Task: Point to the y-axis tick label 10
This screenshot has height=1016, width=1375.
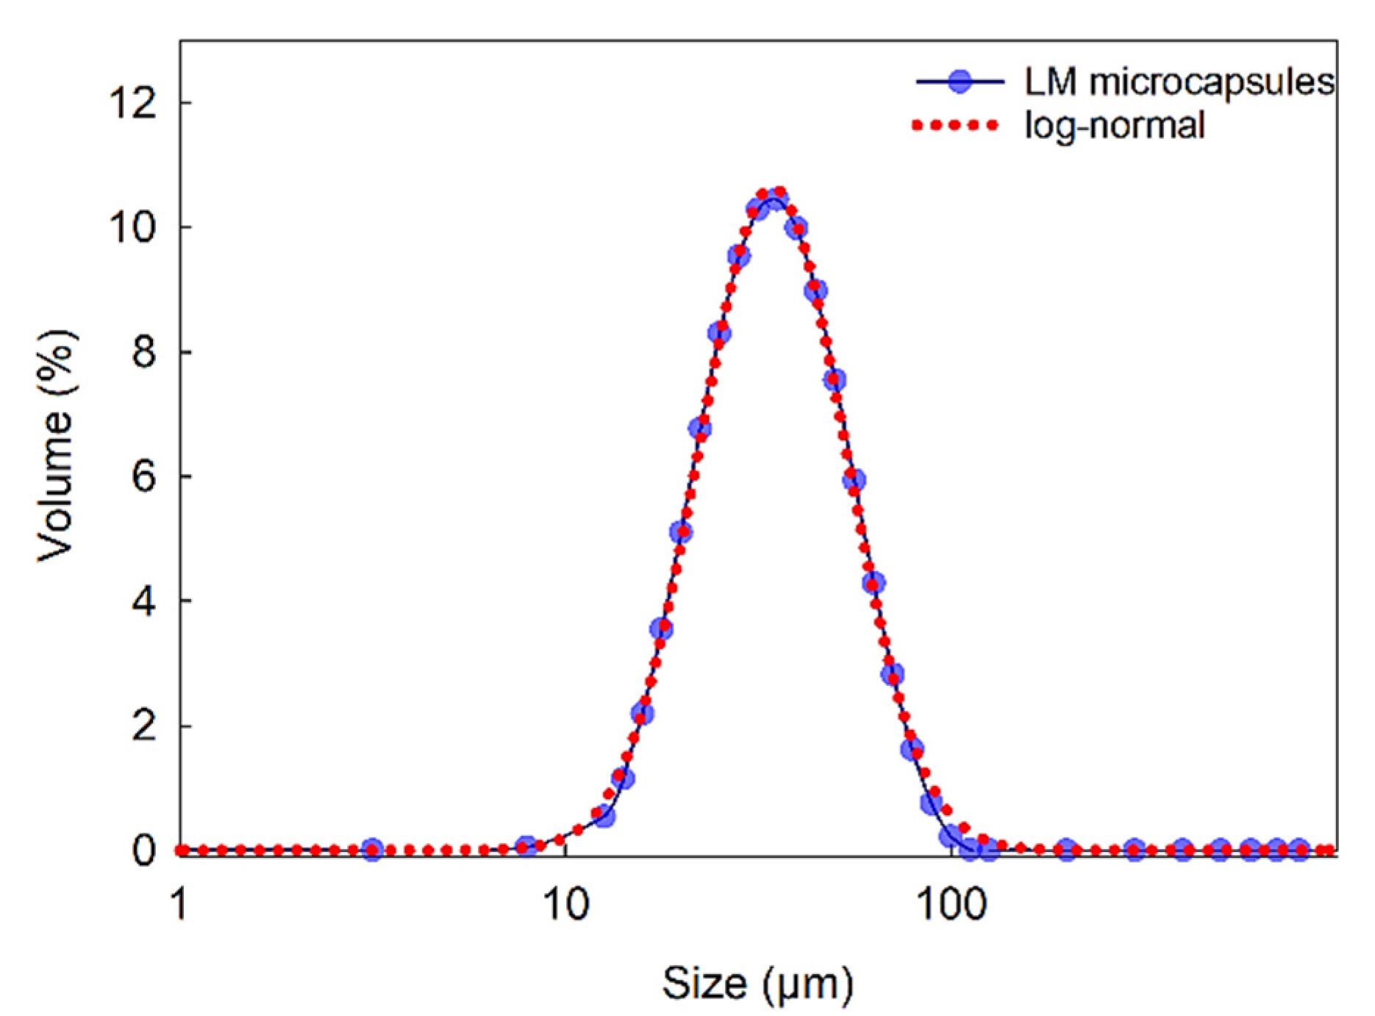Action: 133,226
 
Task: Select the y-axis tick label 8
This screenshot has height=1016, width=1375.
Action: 144,351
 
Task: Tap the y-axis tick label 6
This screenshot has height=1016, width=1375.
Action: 144,476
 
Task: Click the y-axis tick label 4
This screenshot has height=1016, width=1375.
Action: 144,601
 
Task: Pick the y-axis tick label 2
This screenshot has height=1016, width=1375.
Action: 144,726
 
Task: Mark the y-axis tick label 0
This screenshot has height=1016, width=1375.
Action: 144,851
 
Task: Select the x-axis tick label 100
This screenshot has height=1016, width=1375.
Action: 951,904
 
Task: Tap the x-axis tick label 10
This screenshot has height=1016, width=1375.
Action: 566,904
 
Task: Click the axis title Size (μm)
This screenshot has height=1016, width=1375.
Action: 757,983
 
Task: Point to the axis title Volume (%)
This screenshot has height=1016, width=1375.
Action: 56,446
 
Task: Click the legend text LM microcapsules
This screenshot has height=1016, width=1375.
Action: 1179,82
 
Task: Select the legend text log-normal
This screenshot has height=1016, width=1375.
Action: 1115,125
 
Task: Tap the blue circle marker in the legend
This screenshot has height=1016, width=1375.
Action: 960,82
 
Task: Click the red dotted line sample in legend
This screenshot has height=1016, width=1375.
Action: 955,126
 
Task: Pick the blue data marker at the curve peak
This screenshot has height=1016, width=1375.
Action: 776,199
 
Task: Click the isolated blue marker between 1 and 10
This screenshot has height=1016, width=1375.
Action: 372,850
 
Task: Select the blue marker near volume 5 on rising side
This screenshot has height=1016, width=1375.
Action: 681,532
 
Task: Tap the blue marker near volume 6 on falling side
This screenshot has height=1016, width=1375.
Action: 854,480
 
